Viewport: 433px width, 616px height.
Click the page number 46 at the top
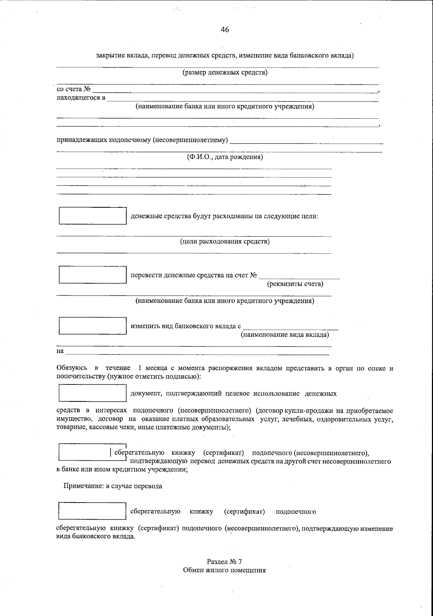(x=225, y=30)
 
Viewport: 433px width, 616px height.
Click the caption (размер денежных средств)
(x=225, y=73)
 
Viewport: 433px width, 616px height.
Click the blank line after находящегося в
(x=242, y=99)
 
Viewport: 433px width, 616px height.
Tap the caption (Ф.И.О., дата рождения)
(x=225, y=157)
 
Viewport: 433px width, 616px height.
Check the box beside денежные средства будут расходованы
(x=93, y=216)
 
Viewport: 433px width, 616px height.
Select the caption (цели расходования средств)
(x=225, y=241)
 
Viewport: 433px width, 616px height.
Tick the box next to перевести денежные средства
(x=93, y=275)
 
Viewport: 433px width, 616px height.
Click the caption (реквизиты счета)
(x=295, y=284)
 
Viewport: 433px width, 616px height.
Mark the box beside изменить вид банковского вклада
(x=93, y=326)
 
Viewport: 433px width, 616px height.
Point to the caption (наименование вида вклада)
(x=285, y=335)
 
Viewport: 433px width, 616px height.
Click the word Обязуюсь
(x=71, y=368)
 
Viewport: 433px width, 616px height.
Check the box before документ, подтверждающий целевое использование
(x=93, y=393)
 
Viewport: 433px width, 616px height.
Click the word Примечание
(x=83, y=486)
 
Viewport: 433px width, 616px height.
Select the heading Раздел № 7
(x=224, y=562)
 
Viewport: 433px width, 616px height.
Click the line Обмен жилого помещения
(x=224, y=570)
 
